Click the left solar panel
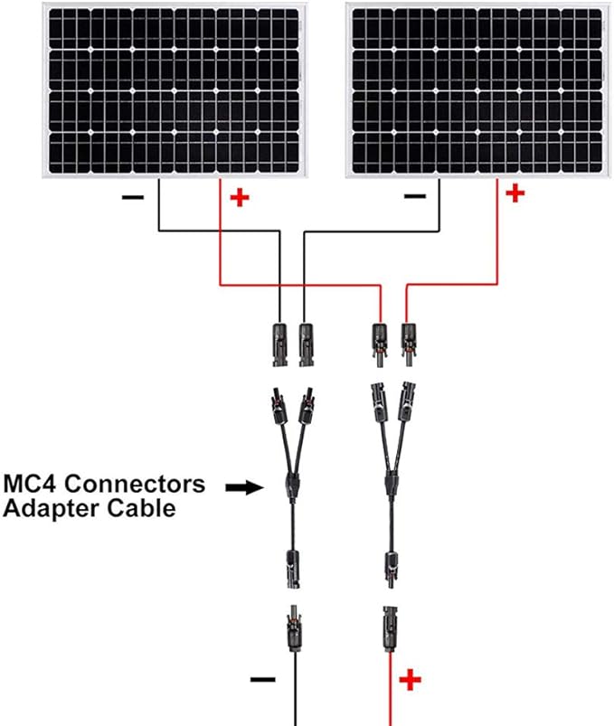175,90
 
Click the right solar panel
478,90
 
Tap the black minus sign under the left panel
133,198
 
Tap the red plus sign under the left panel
240,198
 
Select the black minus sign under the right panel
415,196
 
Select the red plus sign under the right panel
515,193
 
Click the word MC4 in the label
31,484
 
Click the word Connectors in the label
135,484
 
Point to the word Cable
141,508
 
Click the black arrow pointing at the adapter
244,487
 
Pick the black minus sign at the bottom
262,680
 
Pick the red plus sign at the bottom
411,680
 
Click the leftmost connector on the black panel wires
279,345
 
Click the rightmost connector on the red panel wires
409,345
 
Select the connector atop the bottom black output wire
294,627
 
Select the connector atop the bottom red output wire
390,628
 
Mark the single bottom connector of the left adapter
293,569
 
